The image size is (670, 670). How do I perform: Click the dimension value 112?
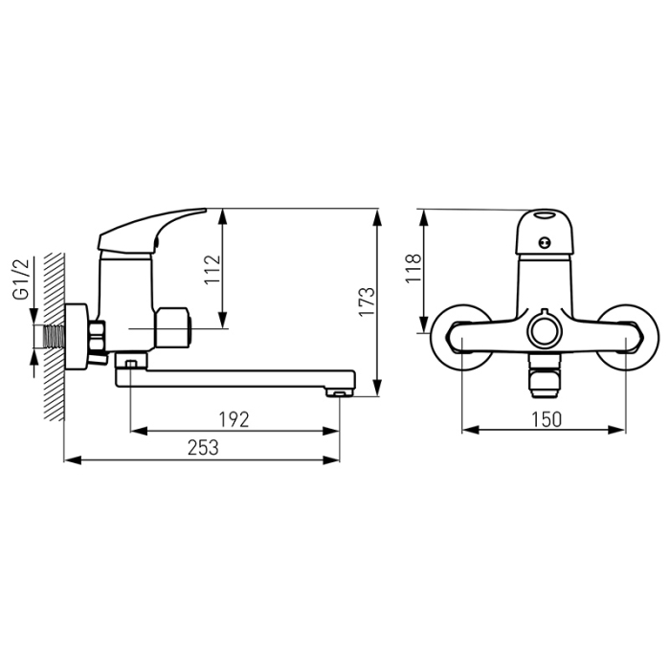pyautogui.click(x=212, y=272)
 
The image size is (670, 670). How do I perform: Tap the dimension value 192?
pyautogui.click(x=234, y=418)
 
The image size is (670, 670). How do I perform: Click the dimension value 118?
pyautogui.click(x=413, y=271)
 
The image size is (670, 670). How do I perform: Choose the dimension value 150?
pyautogui.click(x=543, y=418)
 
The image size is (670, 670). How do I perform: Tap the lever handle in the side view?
pyautogui.click(x=153, y=230)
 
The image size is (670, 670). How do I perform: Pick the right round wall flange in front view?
pyautogui.click(x=629, y=337)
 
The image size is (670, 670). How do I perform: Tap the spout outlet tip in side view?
pyautogui.click(x=339, y=391)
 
